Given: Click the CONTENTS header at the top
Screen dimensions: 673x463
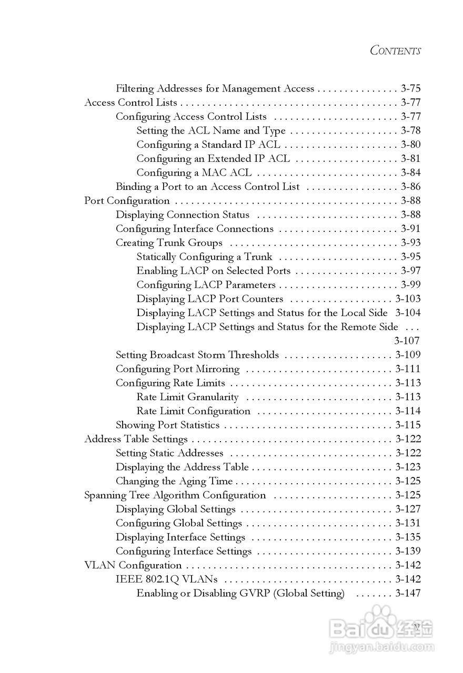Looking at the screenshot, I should click(x=395, y=50).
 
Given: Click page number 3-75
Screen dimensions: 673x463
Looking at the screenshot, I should click(x=410, y=89).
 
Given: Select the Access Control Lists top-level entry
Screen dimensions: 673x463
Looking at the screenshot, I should click(x=130, y=103).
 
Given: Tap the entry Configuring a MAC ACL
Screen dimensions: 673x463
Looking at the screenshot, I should click(x=194, y=172).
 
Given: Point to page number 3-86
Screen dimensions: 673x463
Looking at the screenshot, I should click(x=410, y=187).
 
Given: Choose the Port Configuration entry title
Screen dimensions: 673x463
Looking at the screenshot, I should click(x=127, y=201).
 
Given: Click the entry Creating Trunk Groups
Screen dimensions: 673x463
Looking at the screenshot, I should click(x=169, y=243).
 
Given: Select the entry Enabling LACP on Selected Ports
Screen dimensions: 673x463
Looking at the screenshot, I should click(x=213, y=271).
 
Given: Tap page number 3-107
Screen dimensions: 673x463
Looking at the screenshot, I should click(x=407, y=341).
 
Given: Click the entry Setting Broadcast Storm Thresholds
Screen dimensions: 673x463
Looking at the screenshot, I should click(x=197, y=355).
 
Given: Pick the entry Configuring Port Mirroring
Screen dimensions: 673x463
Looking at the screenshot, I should click(x=177, y=369).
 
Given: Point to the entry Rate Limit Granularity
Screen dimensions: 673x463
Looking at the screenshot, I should click(x=187, y=397).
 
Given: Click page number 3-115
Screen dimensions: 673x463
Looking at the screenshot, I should click(x=408, y=425).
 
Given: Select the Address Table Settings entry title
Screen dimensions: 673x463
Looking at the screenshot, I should click(x=136, y=439).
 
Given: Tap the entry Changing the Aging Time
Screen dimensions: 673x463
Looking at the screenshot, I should click(x=174, y=481).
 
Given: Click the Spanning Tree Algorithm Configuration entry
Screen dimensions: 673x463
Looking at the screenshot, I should click(x=175, y=495).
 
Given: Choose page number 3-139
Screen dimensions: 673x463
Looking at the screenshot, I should click(x=408, y=551).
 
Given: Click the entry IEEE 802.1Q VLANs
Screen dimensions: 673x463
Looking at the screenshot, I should click(x=167, y=579).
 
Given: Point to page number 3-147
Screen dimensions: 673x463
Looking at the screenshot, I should click(x=408, y=593).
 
